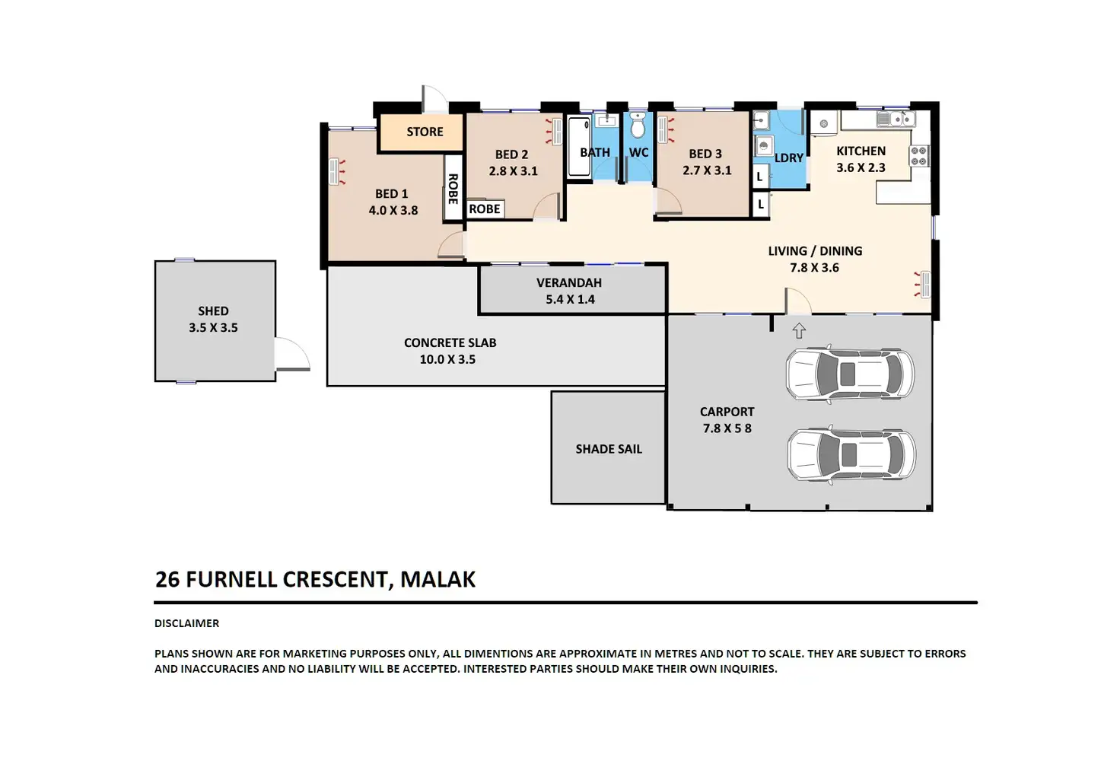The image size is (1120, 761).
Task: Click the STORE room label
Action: coord(425,132)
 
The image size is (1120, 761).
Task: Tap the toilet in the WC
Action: coord(638,125)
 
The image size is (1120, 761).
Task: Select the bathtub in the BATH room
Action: coord(579,147)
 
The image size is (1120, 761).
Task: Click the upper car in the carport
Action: coord(850,374)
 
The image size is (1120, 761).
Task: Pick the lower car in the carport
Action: coord(851,454)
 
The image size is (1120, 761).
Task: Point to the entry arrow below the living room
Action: coord(799,330)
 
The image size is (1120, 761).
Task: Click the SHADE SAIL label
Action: coord(609,449)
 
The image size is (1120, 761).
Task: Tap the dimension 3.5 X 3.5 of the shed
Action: coord(213,327)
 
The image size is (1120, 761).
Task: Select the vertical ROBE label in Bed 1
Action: coord(453,189)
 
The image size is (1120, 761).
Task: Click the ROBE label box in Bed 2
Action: coord(485,209)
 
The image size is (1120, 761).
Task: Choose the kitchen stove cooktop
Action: coord(919,155)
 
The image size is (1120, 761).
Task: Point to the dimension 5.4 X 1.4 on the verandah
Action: coord(570,300)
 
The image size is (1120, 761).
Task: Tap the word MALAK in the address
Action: coord(438,579)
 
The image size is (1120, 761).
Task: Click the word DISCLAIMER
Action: coord(186,623)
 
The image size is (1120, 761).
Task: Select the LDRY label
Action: coord(788,158)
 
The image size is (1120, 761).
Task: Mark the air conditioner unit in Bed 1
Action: coord(335,171)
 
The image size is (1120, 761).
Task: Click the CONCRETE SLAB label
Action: coord(450,343)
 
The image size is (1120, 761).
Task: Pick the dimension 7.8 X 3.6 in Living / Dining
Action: coord(814,268)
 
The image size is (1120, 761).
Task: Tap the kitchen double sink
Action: coord(896,119)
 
